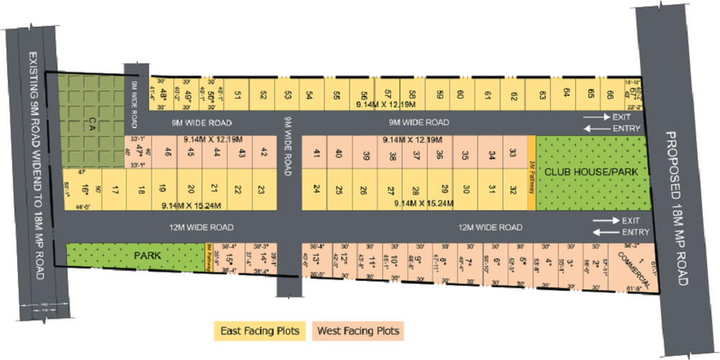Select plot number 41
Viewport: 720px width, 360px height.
click(x=317, y=153)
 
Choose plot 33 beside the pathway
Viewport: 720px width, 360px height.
click(x=513, y=153)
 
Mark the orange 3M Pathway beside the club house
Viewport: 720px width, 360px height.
click(x=532, y=174)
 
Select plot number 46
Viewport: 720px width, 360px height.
click(x=168, y=152)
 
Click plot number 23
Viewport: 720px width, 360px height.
click(x=261, y=190)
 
